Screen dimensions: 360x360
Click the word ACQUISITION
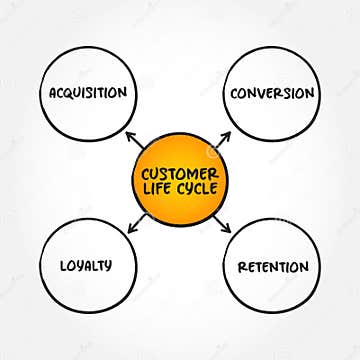[x=89, y=93]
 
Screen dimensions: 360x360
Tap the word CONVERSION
[x=272, y=94]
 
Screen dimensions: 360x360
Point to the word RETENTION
[x=272, y=267]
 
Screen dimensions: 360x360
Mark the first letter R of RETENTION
[x=241, y=267]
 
